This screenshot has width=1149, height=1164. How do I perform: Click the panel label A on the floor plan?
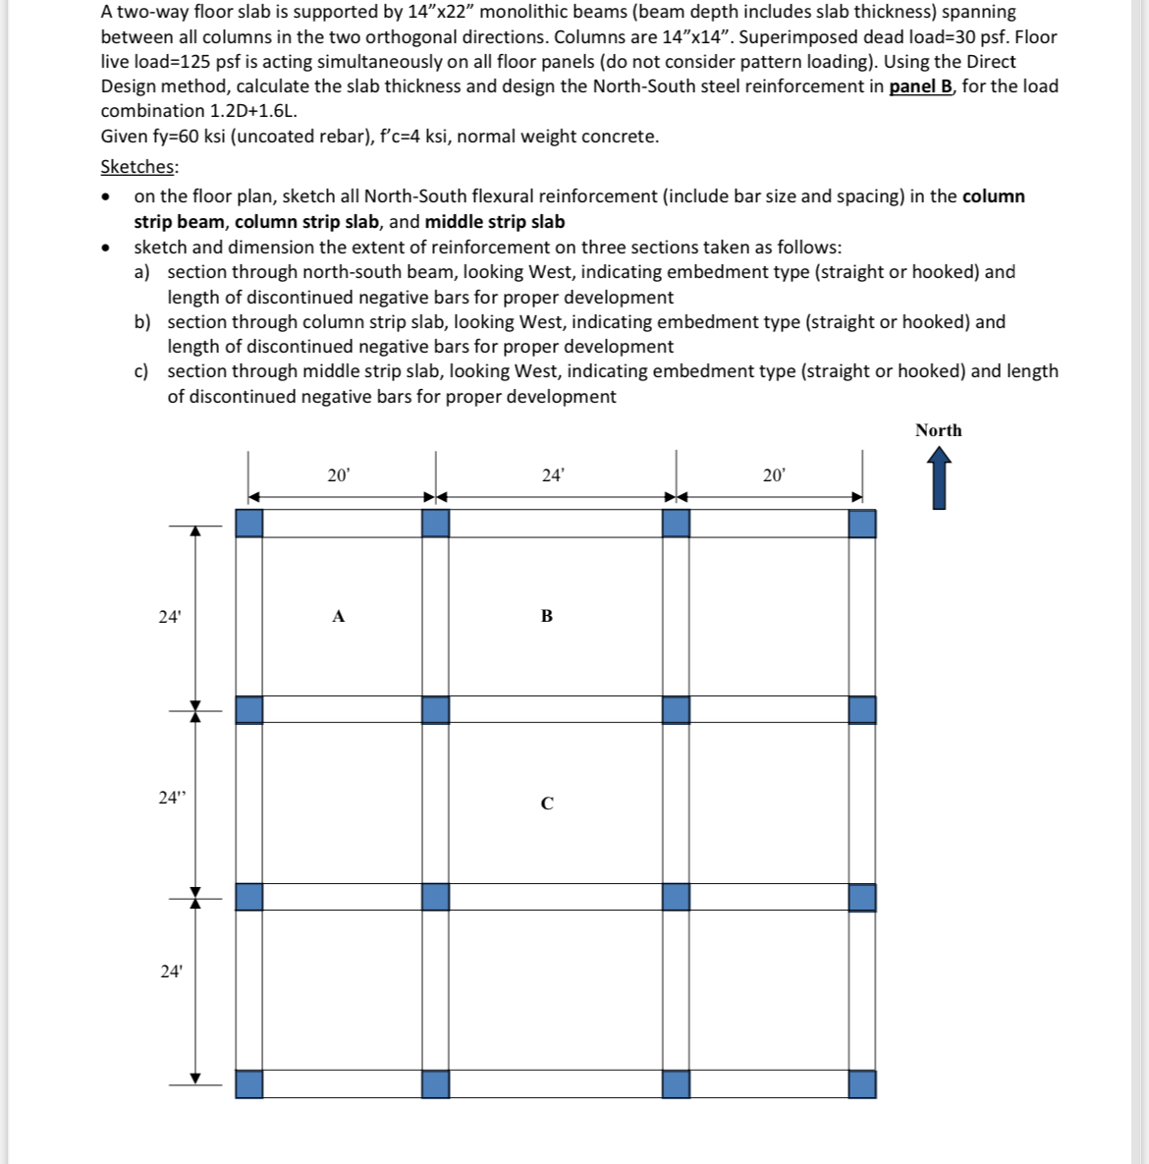click(x=338, y=617)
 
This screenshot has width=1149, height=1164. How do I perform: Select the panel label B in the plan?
click(x=547, y=617)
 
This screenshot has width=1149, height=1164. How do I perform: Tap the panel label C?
click(x=547, y=804)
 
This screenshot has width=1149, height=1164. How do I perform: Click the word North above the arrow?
click(x=938, y=430)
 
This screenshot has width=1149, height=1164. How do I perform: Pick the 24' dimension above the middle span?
click(x=553, y=475)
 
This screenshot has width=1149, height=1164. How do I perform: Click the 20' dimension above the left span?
click(x=338, y=475)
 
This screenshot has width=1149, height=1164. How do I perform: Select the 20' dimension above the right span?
click(x=774, y=475)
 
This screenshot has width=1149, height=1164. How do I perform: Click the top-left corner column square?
click(x=249, y=523)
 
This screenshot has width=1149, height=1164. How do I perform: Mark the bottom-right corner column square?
click(x=862, y=1084)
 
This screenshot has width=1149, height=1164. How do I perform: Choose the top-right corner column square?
click(x=862, y=523)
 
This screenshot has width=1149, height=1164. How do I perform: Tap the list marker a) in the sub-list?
click(x=142, y=272)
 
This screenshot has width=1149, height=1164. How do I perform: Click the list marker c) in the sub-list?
click(x=142, y=371)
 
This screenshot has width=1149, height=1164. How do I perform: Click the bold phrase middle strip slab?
click(x=495, y=222)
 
